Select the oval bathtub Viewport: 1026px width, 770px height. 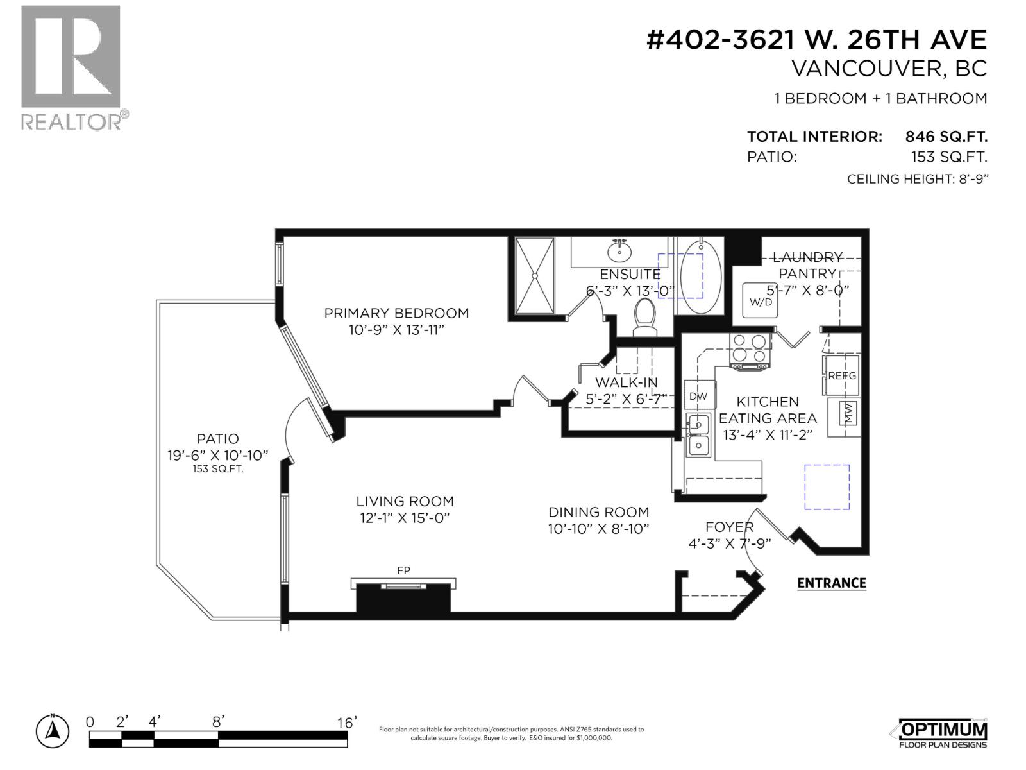pyautogui.click(x=700, y=276)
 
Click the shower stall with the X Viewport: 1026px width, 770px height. pyautogui.click(x=535, y=276)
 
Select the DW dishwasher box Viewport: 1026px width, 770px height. pyautogui.click(x=698, y=396)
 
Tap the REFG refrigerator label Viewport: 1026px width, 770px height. pyautogui.click(x=841, y=375)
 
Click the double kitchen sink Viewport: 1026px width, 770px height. pyautogui.click(x=698, y=435)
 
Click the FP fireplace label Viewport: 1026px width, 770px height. pyautogui.click(x=403, y=570)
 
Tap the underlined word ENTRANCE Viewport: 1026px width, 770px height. pyautogui.click(x=831, y=583)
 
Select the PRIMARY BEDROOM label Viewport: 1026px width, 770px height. pyautogui.click(x=396, y=313)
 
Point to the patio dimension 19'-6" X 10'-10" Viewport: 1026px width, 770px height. pyautogui.click(x=218, y=455)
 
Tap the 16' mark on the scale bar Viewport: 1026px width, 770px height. pyautogui.click(x=347, y=723)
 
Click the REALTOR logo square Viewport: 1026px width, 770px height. pyautogui.click(x=71, y=56)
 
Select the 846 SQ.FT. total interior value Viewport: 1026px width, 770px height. pyautogui.click(x=946, y=137)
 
